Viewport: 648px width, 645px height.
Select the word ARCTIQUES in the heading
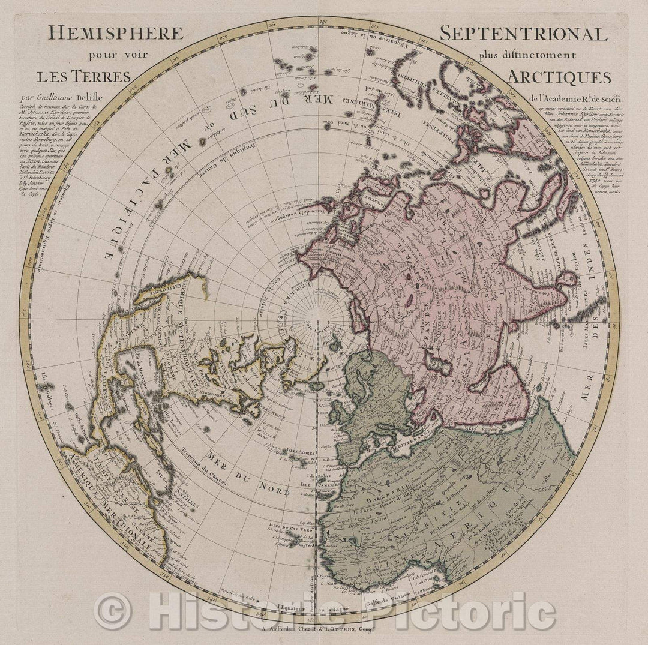tap(550, 77)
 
